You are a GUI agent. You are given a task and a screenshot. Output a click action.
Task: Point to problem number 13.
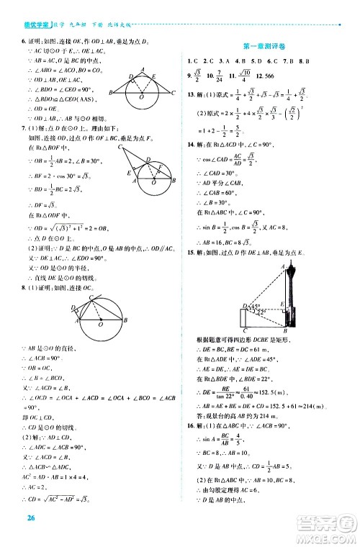pyautogui.click(x=189, y=94)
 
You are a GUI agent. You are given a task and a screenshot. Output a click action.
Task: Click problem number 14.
pyautogui.click(x=189, y=145)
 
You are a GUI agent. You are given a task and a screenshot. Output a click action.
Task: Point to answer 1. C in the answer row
pyautogui.click(x=192, y=60)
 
